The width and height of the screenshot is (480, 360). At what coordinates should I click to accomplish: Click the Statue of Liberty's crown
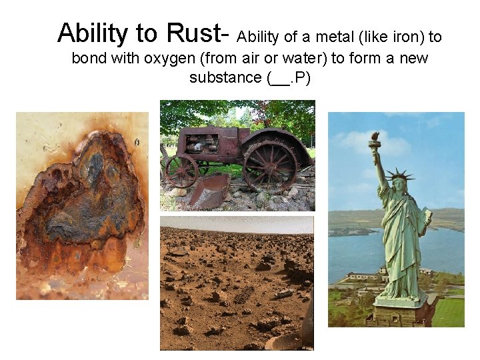coord(399,175)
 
